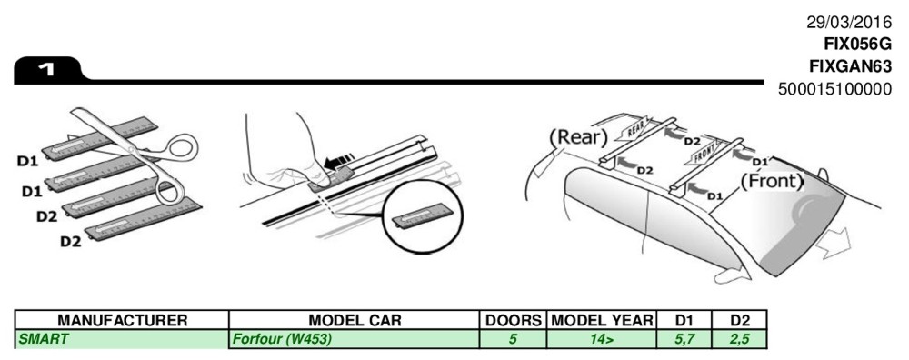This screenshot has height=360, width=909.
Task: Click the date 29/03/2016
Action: point(849,23)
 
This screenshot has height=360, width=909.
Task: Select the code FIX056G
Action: point(858,45)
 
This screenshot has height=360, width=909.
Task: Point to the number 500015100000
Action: point(835,89)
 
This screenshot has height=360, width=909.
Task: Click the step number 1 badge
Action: point(47,70)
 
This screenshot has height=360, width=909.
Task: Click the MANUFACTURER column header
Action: point(123,321)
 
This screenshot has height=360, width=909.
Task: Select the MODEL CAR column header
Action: point(355,321)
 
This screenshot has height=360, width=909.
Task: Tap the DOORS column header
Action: point(513,321)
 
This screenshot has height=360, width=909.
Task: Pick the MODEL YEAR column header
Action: point(602,321)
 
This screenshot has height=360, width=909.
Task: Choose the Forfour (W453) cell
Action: point(282,339)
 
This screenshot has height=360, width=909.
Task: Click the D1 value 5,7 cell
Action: point(684,339)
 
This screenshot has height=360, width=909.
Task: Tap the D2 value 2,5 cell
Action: point(740,339)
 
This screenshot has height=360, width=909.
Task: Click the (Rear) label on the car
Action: point(577,137)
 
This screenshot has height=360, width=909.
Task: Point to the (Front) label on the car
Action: point(772,182)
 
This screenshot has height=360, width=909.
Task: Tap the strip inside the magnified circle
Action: point(417,218)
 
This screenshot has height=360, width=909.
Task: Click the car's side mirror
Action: point(821,175)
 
